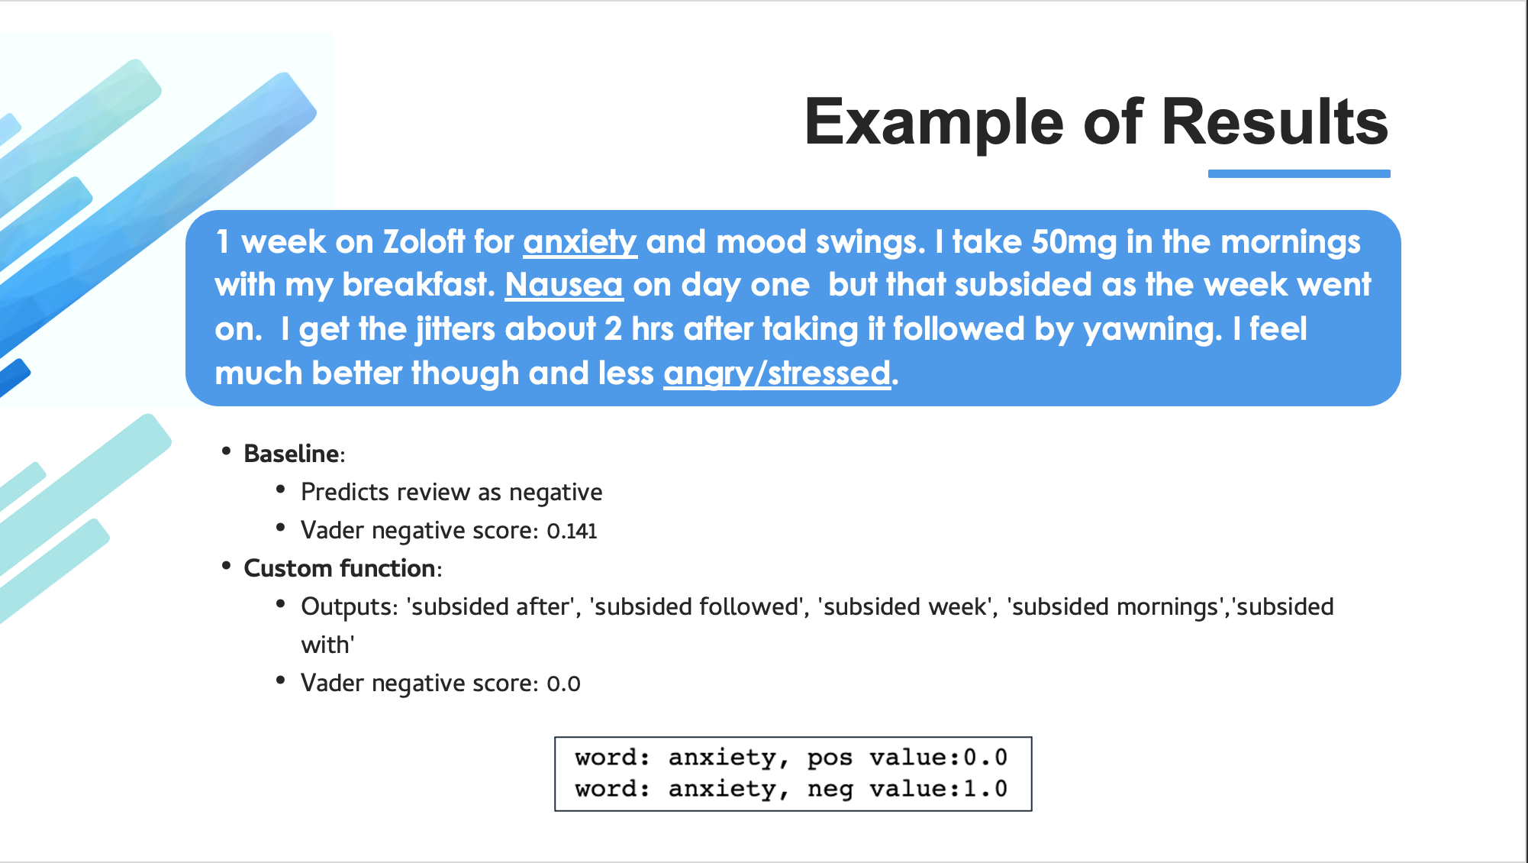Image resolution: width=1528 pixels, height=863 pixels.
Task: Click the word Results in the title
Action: pyautogui.click(x=1275, y=122)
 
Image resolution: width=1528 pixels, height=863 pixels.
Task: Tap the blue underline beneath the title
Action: pyautogui.click(x=1299, y=174)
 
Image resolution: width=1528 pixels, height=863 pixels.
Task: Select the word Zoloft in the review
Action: pyautogui.click(x=424, y=242)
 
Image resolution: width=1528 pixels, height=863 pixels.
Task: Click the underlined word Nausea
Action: pyautogui.click(x=564, y=285)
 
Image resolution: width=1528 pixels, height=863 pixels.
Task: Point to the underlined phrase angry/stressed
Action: pyautogui.click(x=777, y=373)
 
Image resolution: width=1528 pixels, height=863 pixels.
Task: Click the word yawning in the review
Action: pyautogui.click(x=1152, y=330)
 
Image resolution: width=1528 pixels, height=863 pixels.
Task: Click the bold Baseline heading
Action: pyautogui.click(x=292, y=454)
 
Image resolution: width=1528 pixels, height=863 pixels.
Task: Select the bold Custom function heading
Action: pyautogui.click(x=340, y=568)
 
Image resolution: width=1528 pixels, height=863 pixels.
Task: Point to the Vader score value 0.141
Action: pyautogui.click(x=572, y=531)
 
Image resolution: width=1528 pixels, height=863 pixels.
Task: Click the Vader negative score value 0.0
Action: pyautogui.click(x=563, y=684)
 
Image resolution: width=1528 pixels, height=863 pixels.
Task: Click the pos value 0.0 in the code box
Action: pyautogui.click(x=985, y=758)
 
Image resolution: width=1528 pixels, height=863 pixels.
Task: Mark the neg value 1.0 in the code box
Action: pyautogui.click(x=985, y=789)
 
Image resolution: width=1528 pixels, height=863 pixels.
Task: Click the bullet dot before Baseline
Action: pyautogui.click(x=226, y=451)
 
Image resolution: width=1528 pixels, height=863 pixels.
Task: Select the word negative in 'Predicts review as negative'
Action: pyautogui.click(x=556, y=493)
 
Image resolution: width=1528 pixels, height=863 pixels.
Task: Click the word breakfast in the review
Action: pyautogui.click(x=419, y=285)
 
